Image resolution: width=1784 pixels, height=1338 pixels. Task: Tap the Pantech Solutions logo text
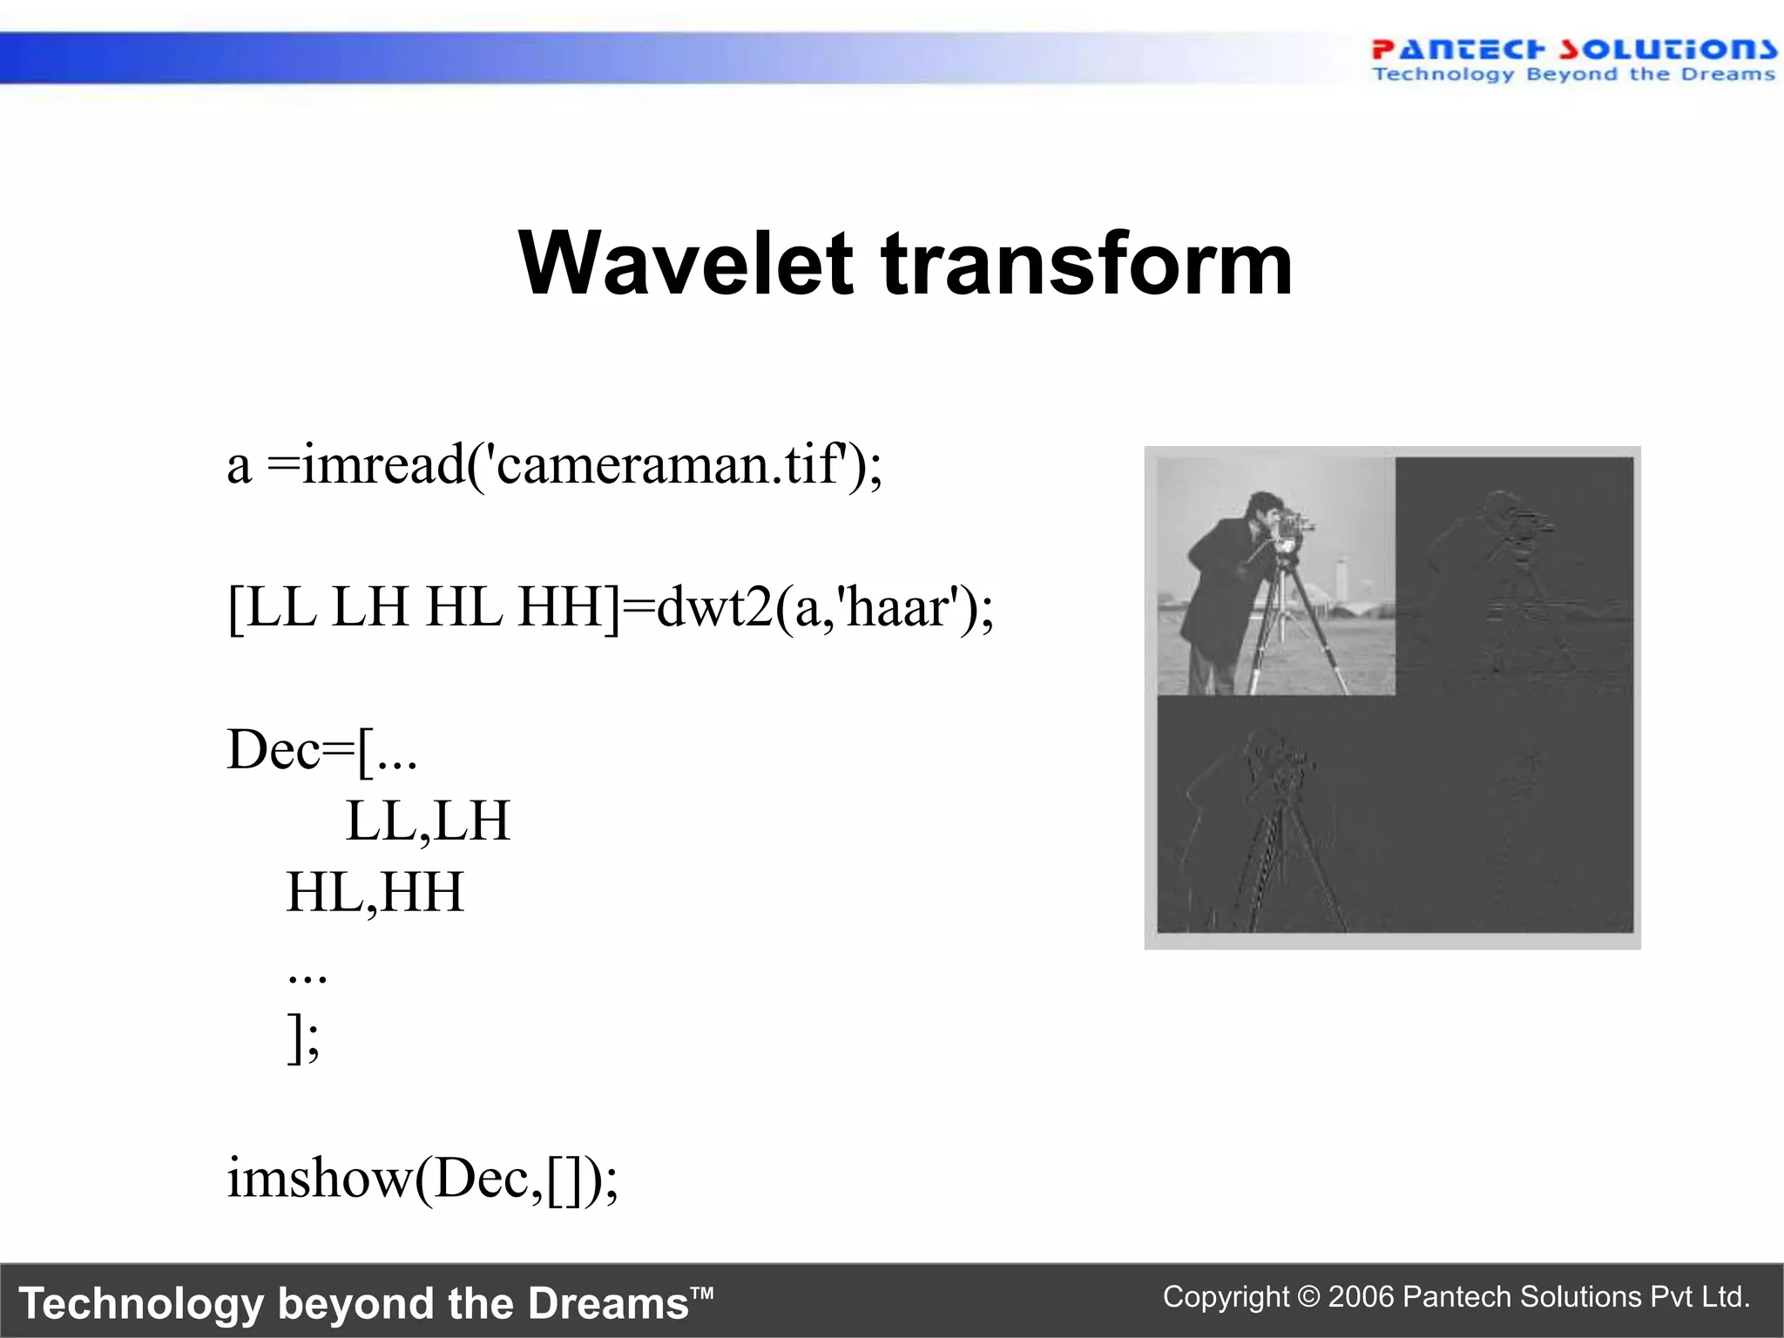click(1572, 50)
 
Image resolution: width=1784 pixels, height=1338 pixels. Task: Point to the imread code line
click(554, 464)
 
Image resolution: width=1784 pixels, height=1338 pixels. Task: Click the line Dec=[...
click(321, 750)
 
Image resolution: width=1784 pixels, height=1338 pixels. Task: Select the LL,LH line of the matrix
click(427, 821)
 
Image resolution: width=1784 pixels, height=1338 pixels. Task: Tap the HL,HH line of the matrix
click(375, 893)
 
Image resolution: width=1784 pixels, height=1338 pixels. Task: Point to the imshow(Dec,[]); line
click(422, 1179)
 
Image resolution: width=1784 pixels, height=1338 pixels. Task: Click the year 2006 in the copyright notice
click(1361, 1297)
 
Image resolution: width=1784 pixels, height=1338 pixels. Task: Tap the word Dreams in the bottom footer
click(608, 1304)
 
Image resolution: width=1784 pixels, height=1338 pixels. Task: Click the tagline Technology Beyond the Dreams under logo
click(1572, 75)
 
